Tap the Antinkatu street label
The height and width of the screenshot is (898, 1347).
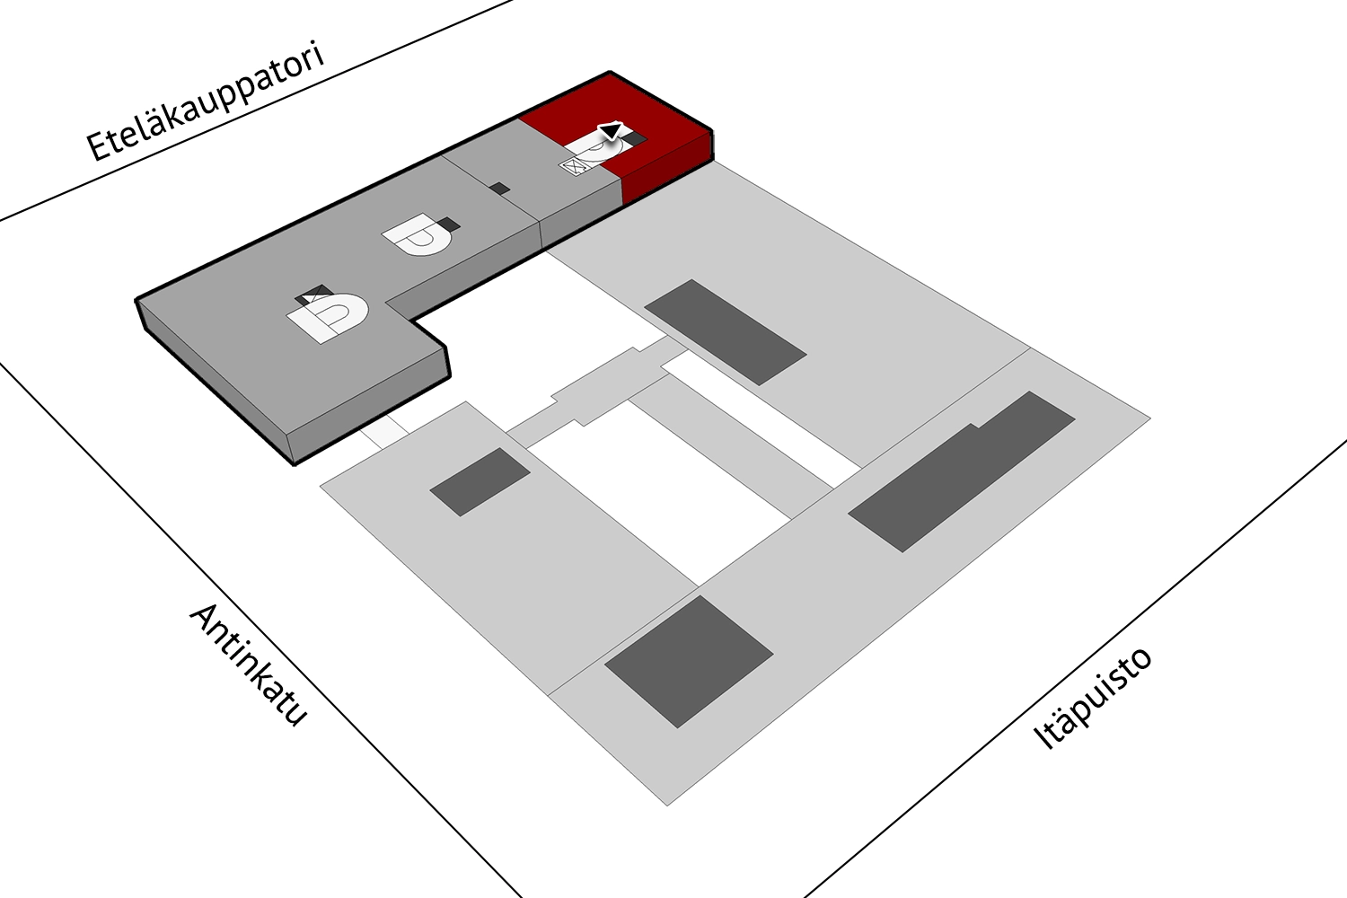pyautogui.click(x=249, y=665)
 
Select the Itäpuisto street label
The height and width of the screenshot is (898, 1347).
pyautogui.click(x=1092, y=698)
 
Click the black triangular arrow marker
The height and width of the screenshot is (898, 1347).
pyautogui.click(x=611, y=131)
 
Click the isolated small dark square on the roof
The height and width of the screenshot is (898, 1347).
pyautogui.click(x=499, y=189)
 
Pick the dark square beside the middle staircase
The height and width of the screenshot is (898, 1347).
pyautogui.click(x=449, y=224)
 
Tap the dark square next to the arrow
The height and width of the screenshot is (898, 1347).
pyautogui.click(x=635, y=139)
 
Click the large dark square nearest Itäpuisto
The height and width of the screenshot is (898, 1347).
pyautogui.click(x=689, y=662)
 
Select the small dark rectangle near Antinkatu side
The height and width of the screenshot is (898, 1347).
pyautogui.click(x=480, y=482)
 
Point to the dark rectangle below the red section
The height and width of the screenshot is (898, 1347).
pyautogui.click(x=726, y=332)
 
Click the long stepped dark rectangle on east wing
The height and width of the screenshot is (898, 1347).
pyautogui.click(x=962, y=471)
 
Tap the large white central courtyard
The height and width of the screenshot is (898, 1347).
pyautogui.click(x=658, y=493)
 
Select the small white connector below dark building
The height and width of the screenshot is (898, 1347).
pyautogui.click(x=385, y=431)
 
